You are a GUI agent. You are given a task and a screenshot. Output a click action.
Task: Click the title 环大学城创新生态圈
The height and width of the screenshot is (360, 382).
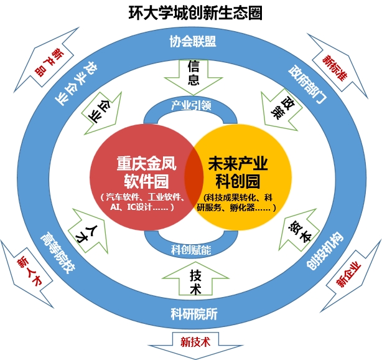click(195, 13)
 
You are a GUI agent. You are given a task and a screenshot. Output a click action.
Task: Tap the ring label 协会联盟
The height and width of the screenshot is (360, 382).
click(193, 41)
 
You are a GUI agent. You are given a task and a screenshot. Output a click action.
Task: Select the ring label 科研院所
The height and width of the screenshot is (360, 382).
click(194, 314)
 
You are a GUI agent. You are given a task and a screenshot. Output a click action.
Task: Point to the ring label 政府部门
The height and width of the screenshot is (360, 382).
click(307, 84)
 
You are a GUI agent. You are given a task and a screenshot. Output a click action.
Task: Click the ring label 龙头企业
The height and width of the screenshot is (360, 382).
click(76, 83)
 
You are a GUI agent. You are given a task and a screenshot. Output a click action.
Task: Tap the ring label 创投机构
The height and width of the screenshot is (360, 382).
click(325, 250)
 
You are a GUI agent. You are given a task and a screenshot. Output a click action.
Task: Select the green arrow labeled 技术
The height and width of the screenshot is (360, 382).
click(195, 278)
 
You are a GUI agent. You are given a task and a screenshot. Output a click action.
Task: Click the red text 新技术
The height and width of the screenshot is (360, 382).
click(195, 342)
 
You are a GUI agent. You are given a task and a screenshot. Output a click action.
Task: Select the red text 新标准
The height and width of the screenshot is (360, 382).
click(335, 68)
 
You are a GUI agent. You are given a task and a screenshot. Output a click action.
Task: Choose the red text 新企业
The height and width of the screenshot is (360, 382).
click(348, 274)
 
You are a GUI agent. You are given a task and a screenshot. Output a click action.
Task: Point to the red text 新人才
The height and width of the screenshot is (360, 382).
click(30, 270)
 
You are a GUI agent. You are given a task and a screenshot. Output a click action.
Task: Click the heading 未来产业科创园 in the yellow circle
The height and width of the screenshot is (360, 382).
click(238, 173)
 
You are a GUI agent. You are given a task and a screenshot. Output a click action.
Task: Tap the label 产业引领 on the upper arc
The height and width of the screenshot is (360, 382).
click(191, 105)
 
